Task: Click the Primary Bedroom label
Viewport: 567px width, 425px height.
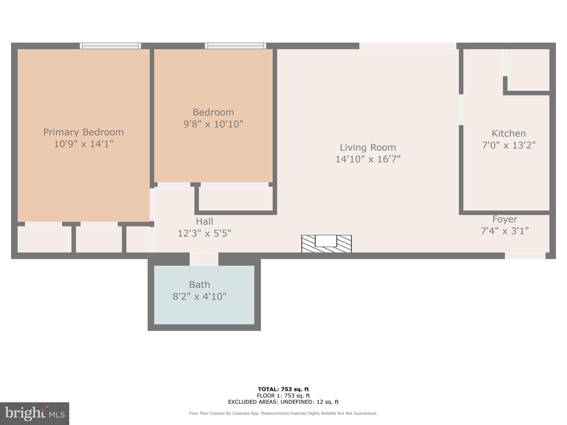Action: (83, 132)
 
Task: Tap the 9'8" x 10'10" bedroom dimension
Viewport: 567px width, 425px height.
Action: (213, 124)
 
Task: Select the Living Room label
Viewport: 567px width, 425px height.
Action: (368, 147)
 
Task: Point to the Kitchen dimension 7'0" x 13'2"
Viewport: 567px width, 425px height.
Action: (509, 145)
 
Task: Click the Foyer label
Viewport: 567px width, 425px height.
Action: (505, 219)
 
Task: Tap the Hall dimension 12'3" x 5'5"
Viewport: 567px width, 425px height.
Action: (204, 233)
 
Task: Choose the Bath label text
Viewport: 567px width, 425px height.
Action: (199, 285)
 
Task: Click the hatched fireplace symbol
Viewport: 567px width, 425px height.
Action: (326, 244)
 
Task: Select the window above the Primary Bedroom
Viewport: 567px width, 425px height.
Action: (110, 46)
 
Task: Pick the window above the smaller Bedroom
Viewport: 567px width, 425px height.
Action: (235, 46)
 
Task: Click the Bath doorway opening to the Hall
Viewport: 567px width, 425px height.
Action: (204, 259)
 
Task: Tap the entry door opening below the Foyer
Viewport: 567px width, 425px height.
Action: (525, 256)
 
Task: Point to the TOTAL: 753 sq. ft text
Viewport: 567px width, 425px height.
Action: (283, 389)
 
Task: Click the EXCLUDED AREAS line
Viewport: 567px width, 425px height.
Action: (283, 402)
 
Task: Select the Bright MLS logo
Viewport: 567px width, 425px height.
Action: (35, 414)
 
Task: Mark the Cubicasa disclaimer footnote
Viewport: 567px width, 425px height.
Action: (283, 413)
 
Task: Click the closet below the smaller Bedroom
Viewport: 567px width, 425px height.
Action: (235, 198)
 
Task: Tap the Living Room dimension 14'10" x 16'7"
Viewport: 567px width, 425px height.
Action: (368, 159)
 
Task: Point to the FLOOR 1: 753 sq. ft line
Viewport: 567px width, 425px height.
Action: (283, 395)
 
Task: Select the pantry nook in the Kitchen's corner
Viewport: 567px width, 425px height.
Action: (528, 70)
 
